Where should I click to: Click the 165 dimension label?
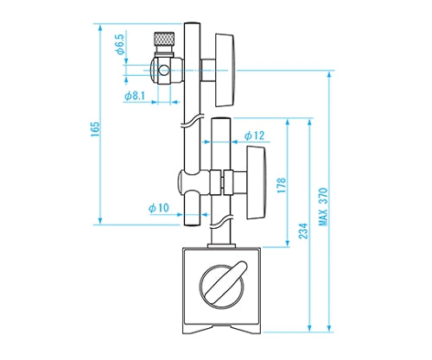point(95,129)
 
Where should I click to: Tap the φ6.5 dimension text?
point(120,44)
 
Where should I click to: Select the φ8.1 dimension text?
point(135,96)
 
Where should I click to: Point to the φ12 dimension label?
point(254,136)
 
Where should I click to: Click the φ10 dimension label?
point(159,208)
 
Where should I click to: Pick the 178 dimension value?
point(282,185)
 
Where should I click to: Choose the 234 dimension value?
point(303,231)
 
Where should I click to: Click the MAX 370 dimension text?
point(323,206)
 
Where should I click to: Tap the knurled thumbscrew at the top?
point(164,39)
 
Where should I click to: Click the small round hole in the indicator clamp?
point(164,70)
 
